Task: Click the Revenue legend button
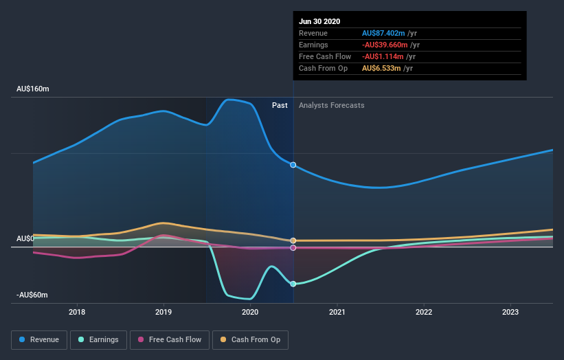(39, 339)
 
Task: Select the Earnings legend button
(100, 339)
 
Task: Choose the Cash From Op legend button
(251, 339)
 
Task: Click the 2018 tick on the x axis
(77, 313)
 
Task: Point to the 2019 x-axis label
(163, 313)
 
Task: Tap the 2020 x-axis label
(250, 313)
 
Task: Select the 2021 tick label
(337, 313)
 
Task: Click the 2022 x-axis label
(424, 313)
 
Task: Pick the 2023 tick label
(510, 313)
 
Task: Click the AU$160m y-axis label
(34, 89)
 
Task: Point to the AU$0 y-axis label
(25, 239)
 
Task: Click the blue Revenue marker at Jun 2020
(293, 165)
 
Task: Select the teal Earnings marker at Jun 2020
(293, 284)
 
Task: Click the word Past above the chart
(280, 105)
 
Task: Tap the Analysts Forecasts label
(331, 105)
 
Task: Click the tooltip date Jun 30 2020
(319, 21)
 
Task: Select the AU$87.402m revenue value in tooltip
(385, 33)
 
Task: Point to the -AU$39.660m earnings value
(386, 45)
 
